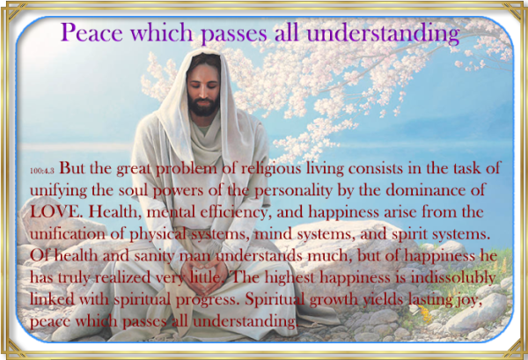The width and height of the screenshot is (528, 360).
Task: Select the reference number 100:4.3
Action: (x=40, y=166)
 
